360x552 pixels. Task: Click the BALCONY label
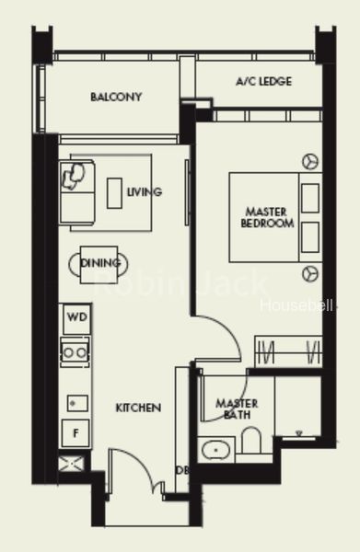coord(116,97)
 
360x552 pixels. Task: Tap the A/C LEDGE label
coord(264,81)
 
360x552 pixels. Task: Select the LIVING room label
coord(145,192)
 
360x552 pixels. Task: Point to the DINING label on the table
coord(100,263)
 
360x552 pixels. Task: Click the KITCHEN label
coord(138,408)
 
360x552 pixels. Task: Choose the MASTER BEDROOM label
coord(267,217)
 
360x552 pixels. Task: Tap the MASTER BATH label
coord(237,408)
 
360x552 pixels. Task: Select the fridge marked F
coord(75,433)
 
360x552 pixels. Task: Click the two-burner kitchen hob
coord(75,352)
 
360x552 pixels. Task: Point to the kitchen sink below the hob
coord(77,404)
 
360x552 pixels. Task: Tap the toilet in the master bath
coord(251,440)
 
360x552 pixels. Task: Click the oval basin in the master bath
coord(216,450)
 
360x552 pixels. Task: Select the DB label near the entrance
coord(182,470)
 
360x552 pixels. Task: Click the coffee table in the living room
coord(114,193)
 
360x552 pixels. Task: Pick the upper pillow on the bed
coord(310,198)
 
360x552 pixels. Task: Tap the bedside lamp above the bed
coord(310,162)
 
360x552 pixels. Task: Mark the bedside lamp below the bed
coord(310,273)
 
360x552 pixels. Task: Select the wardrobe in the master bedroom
coord(288,351)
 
